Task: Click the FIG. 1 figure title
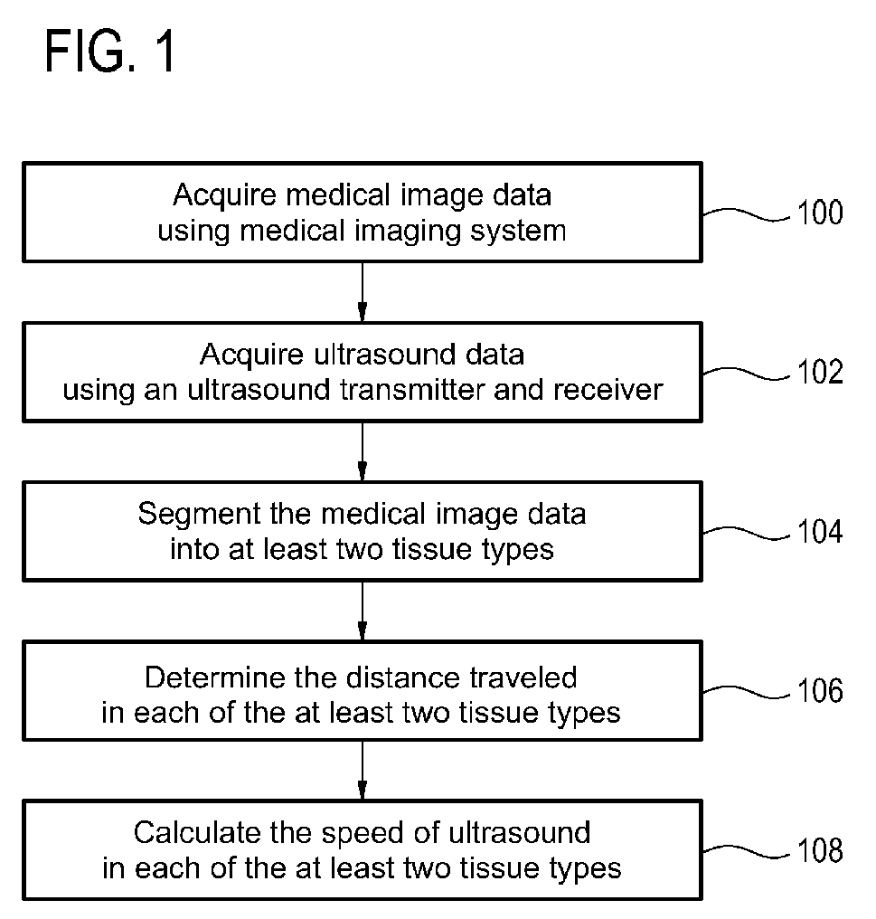click(x=110, y=52)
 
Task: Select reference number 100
click(x=820, y=213)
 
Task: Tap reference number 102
click(x=820, y=372)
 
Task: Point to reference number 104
click(x=820, y=532)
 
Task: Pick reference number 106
click(x=820, y=690)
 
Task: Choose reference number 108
click(x=820, y=850)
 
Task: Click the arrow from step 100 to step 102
click(x=363, y=292)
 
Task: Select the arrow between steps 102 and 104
click(x=363, y=451)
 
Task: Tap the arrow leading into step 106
click(x=363, y=611)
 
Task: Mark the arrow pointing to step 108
click(x=363, y=770)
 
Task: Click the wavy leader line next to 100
click(x=747, y=213)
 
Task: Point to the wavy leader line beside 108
click(x=747, y=851)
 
